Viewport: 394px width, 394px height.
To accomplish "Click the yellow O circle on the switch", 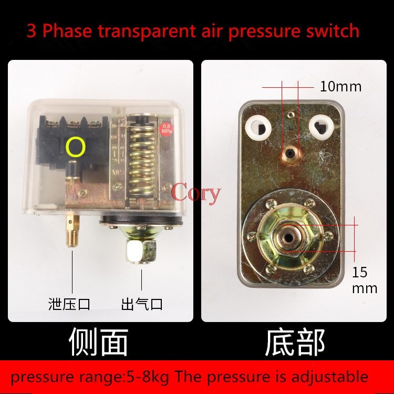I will pos(76,148).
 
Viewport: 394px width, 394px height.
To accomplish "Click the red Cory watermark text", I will pos(196,193).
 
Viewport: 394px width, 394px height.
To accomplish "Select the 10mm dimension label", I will pos(340,87).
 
